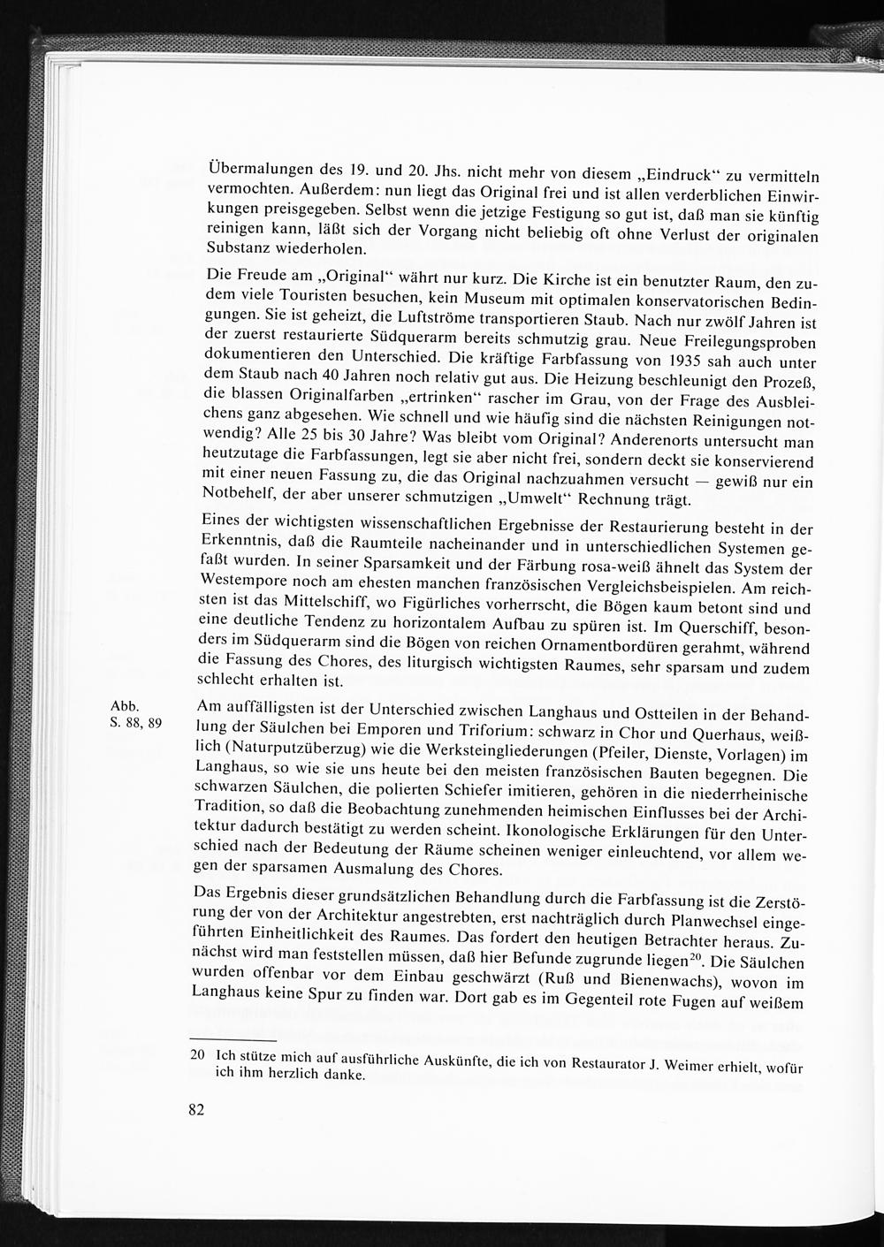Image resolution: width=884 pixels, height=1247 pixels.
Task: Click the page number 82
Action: (196, 1109)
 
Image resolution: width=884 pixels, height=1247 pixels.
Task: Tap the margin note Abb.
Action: (123, 706)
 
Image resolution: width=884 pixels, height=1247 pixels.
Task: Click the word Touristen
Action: (316, 305)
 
